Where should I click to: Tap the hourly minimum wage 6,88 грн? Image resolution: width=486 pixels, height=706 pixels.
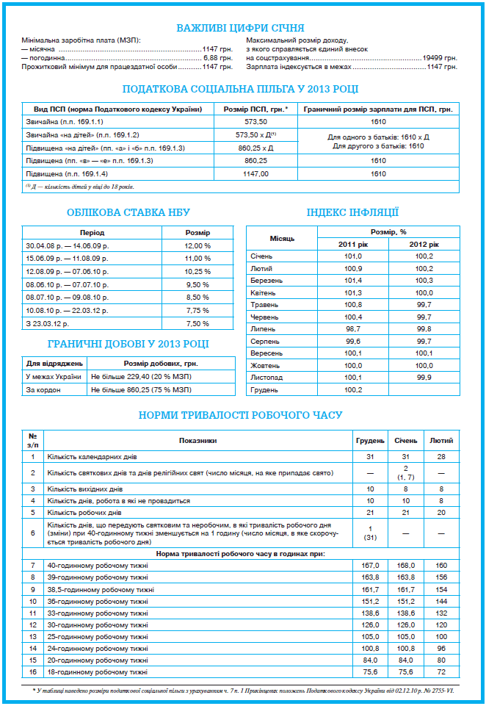coord(217,57)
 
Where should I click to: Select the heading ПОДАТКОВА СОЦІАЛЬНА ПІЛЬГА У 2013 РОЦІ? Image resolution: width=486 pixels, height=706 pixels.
coord(241,89)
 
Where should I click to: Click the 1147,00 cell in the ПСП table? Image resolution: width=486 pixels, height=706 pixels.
coord(256,174)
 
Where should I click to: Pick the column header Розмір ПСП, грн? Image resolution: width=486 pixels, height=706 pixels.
coord(256,109)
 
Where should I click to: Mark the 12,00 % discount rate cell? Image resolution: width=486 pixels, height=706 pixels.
coord(197,245)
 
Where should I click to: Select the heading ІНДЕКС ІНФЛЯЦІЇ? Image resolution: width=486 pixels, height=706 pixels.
coord(352,212)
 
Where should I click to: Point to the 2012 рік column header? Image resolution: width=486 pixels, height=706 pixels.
coord(424,243)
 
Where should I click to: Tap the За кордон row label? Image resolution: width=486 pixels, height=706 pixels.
coord(42,389)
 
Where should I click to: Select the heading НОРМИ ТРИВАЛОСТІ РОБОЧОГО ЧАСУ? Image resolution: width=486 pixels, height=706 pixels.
coord(241,415)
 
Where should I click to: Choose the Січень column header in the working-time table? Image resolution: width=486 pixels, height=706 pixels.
coord(405,440)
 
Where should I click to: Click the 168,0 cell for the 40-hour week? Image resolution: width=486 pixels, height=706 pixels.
coord(405,565)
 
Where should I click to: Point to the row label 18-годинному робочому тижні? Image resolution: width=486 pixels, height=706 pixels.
coord(98,671)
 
